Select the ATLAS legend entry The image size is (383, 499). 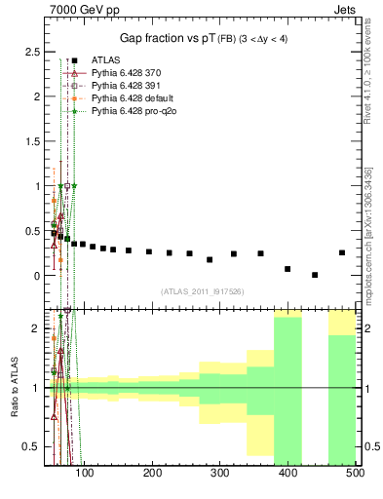105,60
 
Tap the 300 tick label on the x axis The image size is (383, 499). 220,474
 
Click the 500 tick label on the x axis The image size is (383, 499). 354,474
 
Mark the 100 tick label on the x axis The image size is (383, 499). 85,474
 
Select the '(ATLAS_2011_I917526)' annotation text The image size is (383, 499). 201,291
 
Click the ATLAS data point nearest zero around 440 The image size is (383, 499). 315,275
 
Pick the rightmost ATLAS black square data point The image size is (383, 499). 342,252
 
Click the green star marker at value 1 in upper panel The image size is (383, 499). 74,185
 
